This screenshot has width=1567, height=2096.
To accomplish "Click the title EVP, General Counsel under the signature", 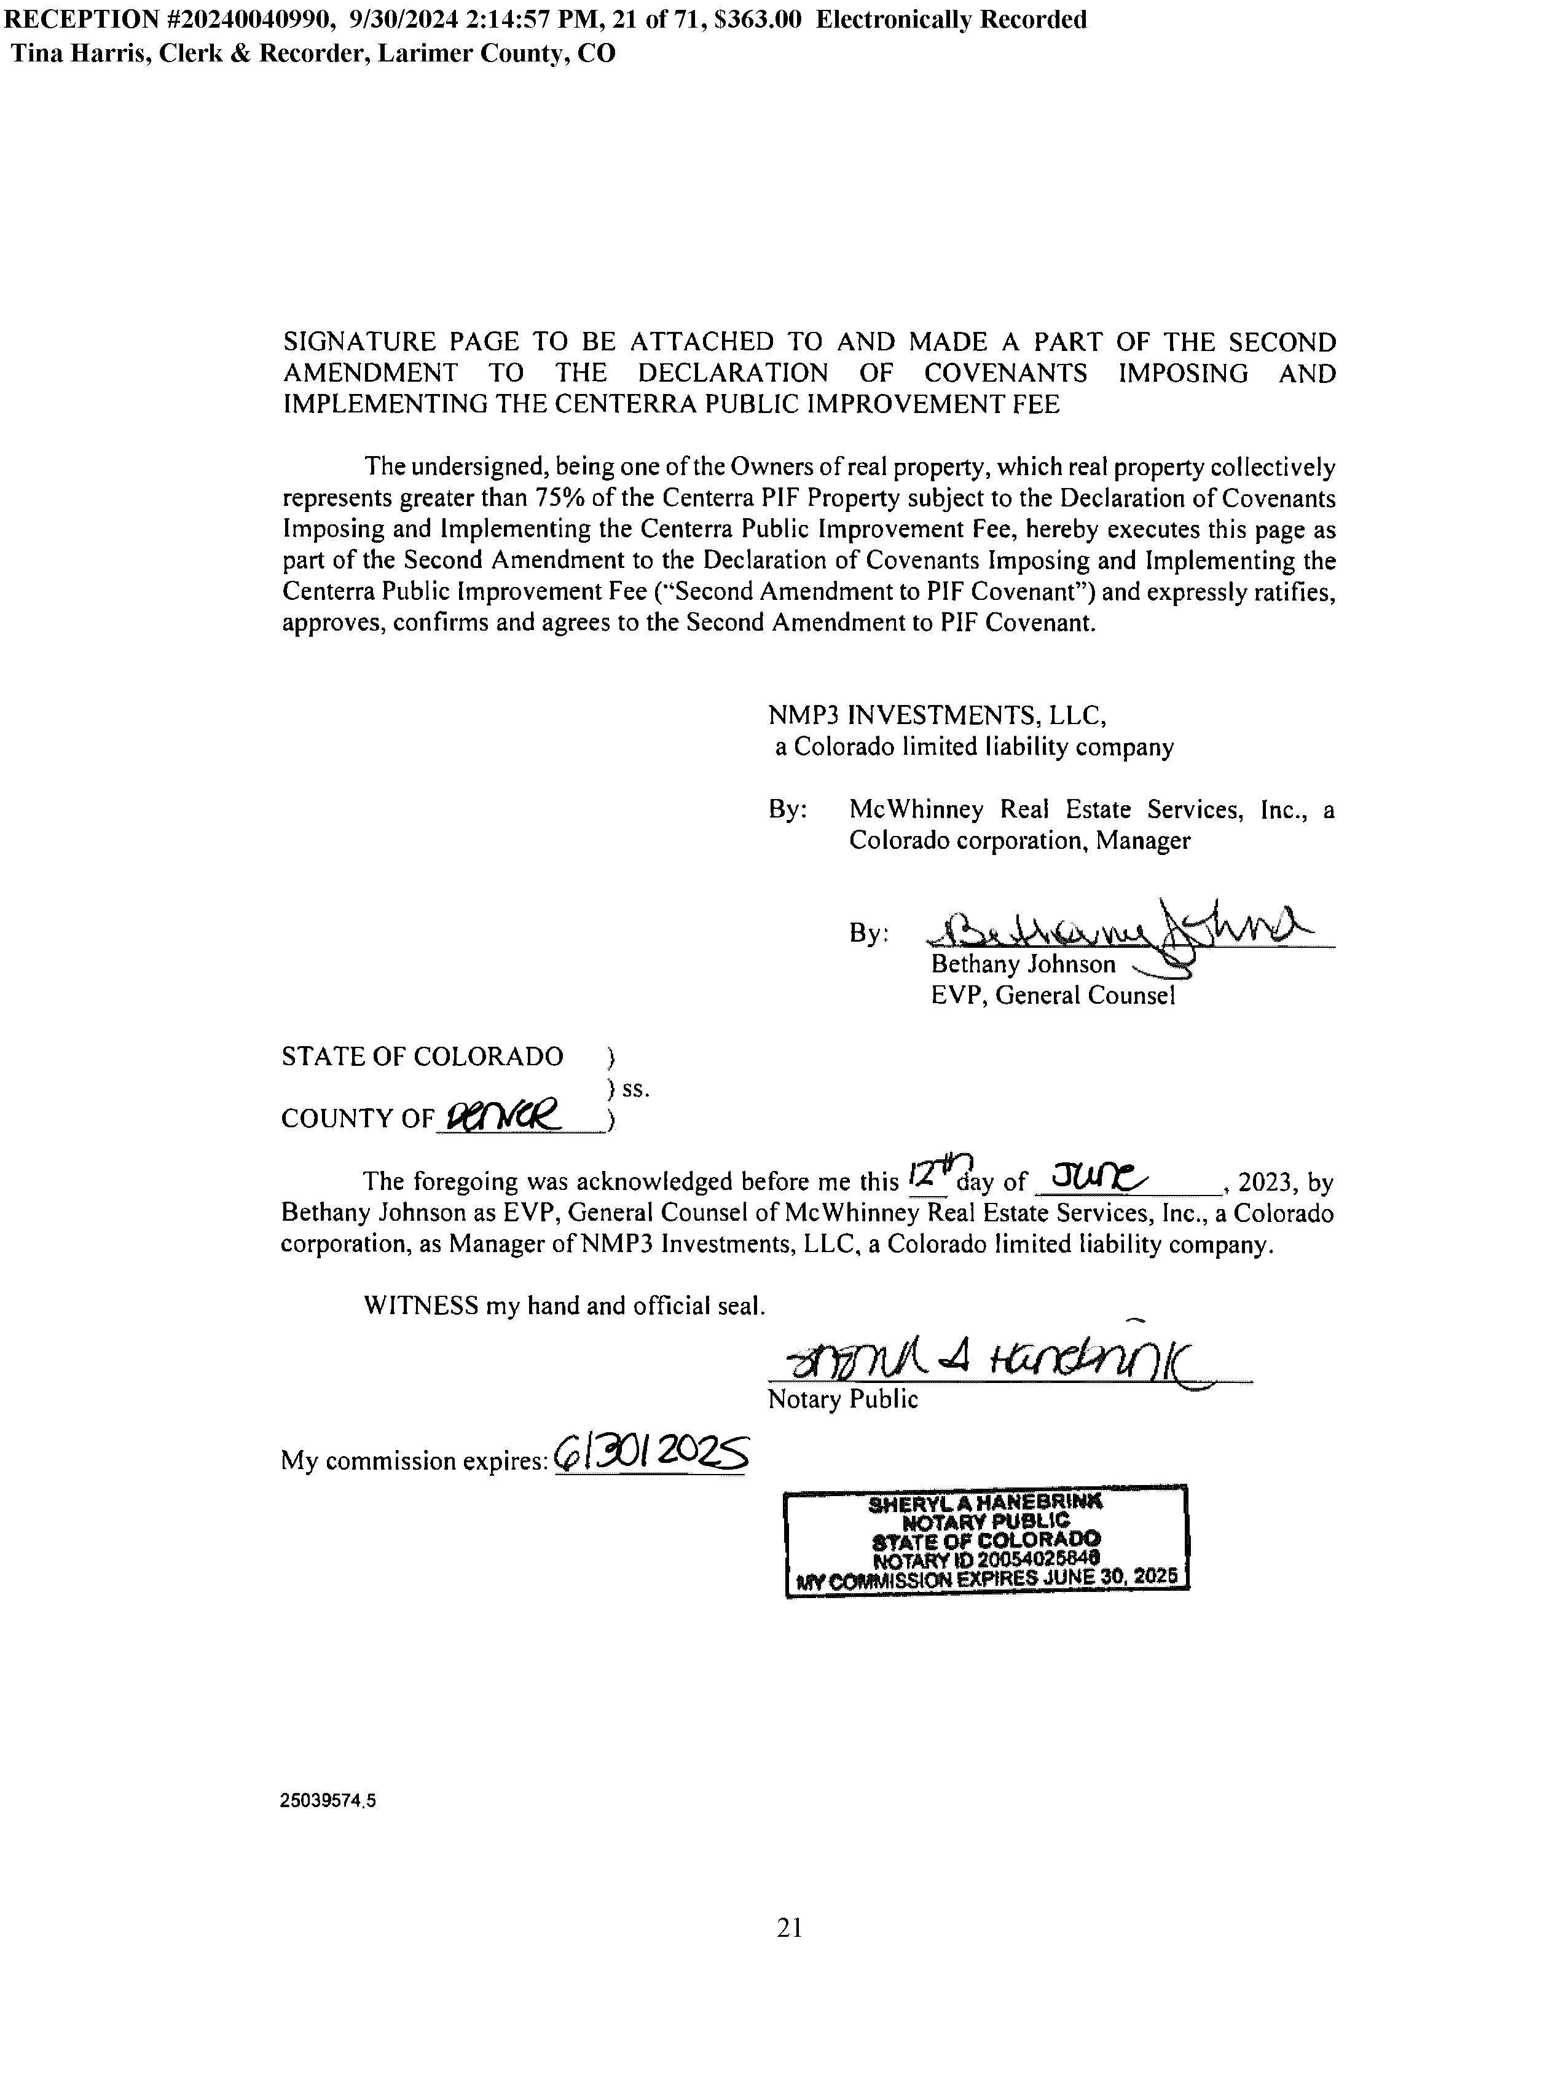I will pyautogui.click(x=1053, y=995).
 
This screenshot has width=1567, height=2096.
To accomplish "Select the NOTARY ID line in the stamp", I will pyautogui.click(x=985, y=1558).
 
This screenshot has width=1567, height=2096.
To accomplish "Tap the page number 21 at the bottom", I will pyautogui.click(x=789, y=1928).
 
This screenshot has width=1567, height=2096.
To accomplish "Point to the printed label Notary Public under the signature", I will pyautogui.click(x=842, y=1400).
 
